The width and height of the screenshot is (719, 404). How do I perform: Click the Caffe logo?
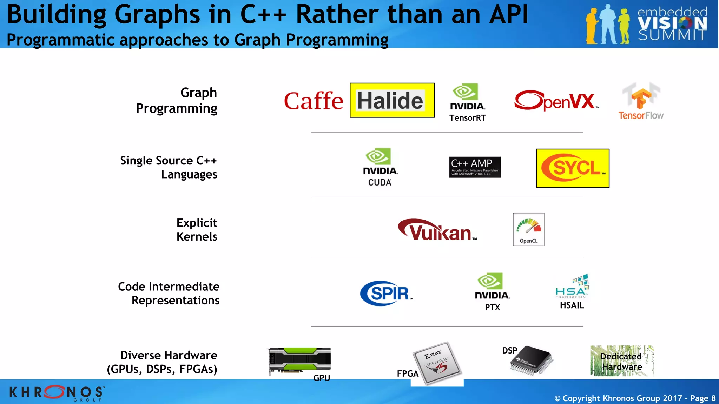[313, 101]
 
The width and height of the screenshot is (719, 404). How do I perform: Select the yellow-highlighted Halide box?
[392, 100]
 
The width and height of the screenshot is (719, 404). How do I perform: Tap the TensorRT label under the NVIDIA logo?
[468, 118]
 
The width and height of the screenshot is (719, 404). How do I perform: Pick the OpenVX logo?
[556, 101]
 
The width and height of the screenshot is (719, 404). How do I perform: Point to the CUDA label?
[380, 182]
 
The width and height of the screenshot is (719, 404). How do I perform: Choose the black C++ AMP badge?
[475, 167]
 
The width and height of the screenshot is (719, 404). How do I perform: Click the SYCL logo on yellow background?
[573, 168]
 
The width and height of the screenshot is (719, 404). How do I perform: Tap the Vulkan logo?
[437, 230]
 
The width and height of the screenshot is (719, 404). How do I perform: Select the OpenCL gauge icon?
[528, 229]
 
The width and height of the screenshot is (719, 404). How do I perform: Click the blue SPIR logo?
[386, 293]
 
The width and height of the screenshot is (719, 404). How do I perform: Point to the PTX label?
[492, 307]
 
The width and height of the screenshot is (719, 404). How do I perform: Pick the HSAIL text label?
[572, 305]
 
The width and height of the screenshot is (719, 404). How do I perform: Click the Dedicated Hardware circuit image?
[622, 361]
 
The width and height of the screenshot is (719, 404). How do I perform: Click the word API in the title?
[508, 15]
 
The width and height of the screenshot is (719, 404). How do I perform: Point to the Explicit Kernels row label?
[197, 230]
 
